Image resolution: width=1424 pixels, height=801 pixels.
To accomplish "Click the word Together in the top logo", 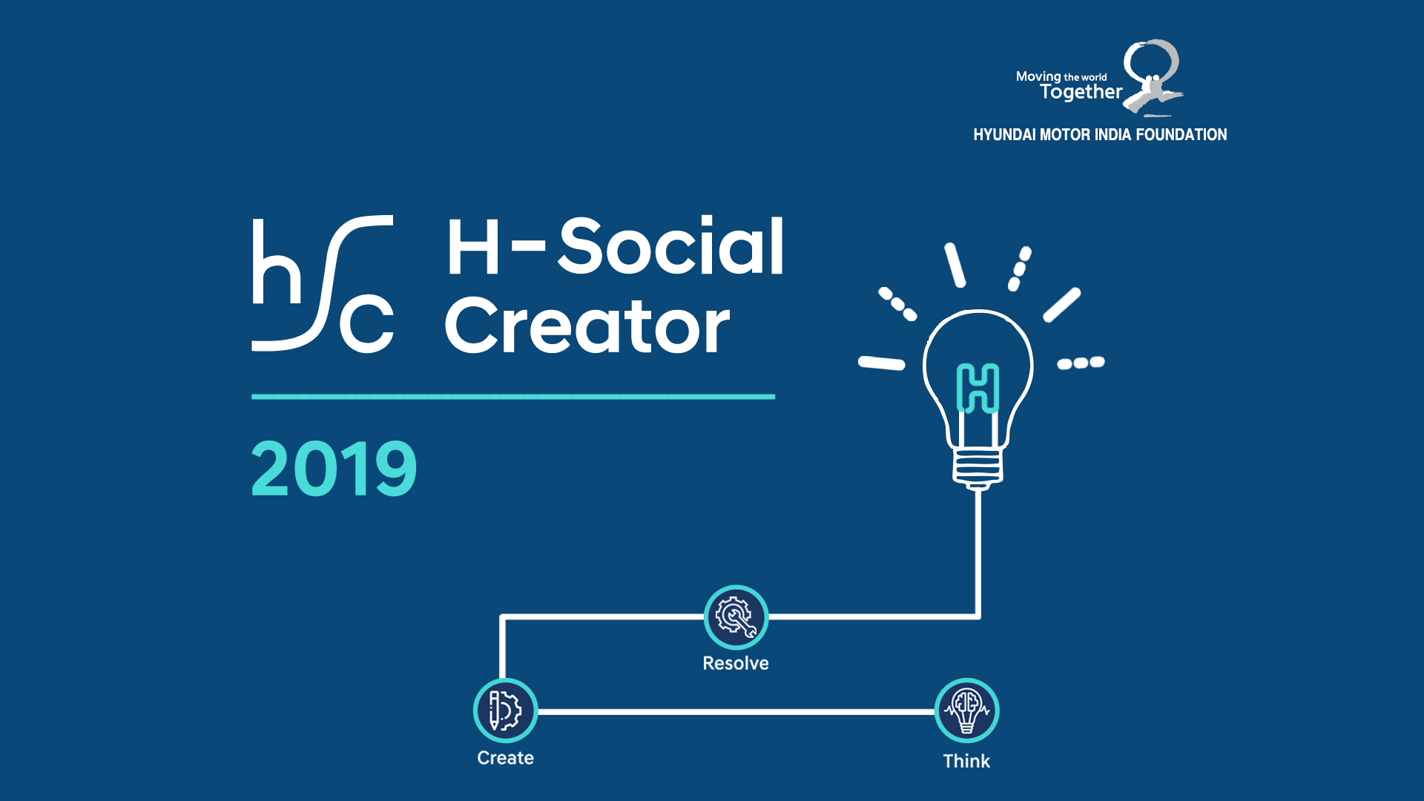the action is click(1081, 92).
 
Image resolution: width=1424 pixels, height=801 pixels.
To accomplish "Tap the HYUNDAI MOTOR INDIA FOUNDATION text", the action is click(1100, 135).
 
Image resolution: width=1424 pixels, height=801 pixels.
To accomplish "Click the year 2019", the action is click(334, 469).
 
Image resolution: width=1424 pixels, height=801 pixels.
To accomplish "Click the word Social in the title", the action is click(671, 245).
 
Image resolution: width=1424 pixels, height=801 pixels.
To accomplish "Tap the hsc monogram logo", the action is click(323, 283).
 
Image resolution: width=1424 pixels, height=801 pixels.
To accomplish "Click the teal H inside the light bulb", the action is click(978, 388).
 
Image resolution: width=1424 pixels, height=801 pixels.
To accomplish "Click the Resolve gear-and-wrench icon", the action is click(736, 617).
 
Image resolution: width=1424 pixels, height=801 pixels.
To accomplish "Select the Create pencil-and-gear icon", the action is click(505, 711).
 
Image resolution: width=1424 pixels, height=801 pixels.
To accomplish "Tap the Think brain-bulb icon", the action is click(966, 711).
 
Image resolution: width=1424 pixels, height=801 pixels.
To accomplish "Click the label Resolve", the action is click(736, 663).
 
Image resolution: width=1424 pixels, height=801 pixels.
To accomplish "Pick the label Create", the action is click(505, 758).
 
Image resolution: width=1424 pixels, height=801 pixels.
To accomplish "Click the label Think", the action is click(966, 761).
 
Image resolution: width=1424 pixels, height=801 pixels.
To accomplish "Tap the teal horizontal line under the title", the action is click(513, 397).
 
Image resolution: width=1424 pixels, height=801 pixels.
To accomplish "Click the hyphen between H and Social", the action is click(529, 245).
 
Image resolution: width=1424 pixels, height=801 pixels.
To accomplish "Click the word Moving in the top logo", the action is click(1038, 76).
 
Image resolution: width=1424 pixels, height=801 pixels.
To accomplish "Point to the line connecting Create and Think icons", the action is click(736, 711).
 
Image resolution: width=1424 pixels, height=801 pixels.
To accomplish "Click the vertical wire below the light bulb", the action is click(979, 553).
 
